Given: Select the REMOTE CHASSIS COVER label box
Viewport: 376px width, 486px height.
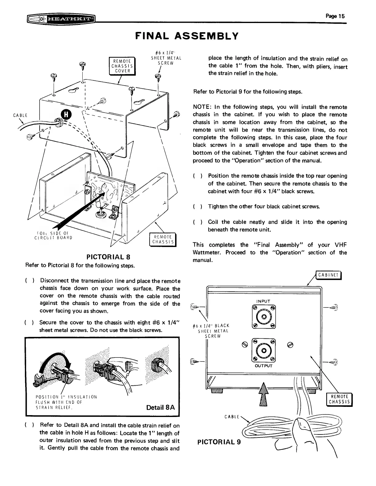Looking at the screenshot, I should (121, 66).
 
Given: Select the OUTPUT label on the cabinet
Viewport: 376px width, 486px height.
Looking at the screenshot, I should (264, 366).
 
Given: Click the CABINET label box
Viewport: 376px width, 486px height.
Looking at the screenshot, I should (328, 275).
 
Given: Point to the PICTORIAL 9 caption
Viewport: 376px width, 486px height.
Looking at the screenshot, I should (219, 442).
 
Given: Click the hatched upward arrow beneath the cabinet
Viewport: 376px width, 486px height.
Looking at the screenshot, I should (263, 396).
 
